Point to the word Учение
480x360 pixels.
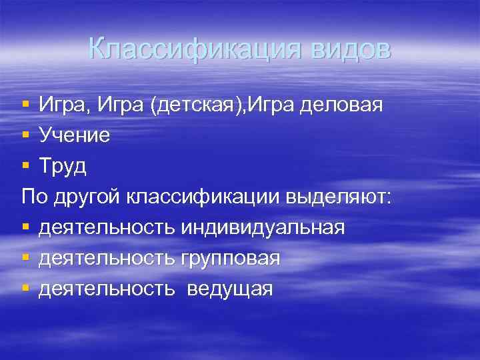(75, 135)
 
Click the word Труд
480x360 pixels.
(63, 166)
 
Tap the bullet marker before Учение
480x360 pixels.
(25, 135)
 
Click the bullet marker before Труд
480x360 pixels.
(25, 166)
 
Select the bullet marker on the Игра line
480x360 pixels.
(25, 105)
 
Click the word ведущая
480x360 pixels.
(230, 289)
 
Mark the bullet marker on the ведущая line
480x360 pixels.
(25, 289)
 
